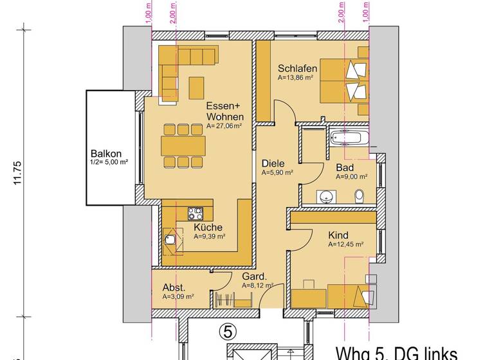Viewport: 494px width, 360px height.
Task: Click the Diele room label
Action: pyautogui.click(x=273, y=163)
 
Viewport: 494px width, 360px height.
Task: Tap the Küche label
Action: pyautogui.click(x=208, y=227)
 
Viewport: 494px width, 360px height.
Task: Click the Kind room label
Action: pyautogui.click(x=338, y=235)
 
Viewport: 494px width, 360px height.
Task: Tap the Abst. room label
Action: pyautogui.click(x=174, y=287)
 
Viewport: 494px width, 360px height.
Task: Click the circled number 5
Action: pyautogui.click(x=228, y=331)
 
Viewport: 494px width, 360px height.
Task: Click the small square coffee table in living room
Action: pyautogui.click(x=196, y=85)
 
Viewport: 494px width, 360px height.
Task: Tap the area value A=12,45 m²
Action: pyautogui.click(x=346, y=244)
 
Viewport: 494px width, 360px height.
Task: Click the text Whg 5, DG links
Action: pyautogui.click(x=396, y=352)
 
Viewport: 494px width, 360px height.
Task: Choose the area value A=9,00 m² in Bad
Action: pyautogui.click(x=351, y=177)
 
